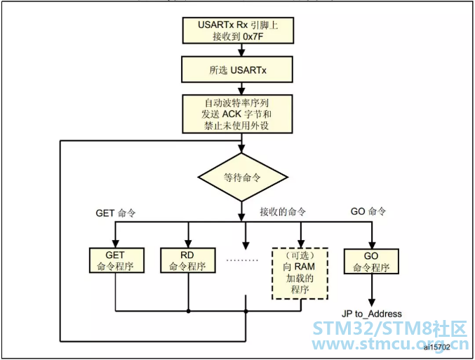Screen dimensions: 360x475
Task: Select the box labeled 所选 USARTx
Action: (x=242, y=70)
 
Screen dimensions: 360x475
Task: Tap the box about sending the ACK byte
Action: (x=242, y=113)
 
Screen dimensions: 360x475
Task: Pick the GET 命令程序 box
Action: (x=117, y=260)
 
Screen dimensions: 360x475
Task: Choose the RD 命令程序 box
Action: (x=188, y=260)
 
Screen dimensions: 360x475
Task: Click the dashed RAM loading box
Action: (x=300, y=272)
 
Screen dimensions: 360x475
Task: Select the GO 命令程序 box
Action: (x=370, y=260)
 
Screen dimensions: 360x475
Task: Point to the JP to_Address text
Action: (x=371, y=314)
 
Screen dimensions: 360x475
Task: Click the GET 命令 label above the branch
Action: (x=117, y=212)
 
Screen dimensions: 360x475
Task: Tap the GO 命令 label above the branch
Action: (x=368, y=212)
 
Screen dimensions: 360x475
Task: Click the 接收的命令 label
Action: (x=282, y=212)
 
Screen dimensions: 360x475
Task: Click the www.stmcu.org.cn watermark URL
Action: (x=389, y=345)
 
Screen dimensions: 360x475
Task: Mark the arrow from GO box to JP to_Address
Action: (x=370, y=289)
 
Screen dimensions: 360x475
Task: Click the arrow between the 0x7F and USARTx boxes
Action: (x=242, y=51)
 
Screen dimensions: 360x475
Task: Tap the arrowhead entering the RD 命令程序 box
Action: (x=188, y=243)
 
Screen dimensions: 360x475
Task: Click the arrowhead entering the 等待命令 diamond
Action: (x=242, y=149)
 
